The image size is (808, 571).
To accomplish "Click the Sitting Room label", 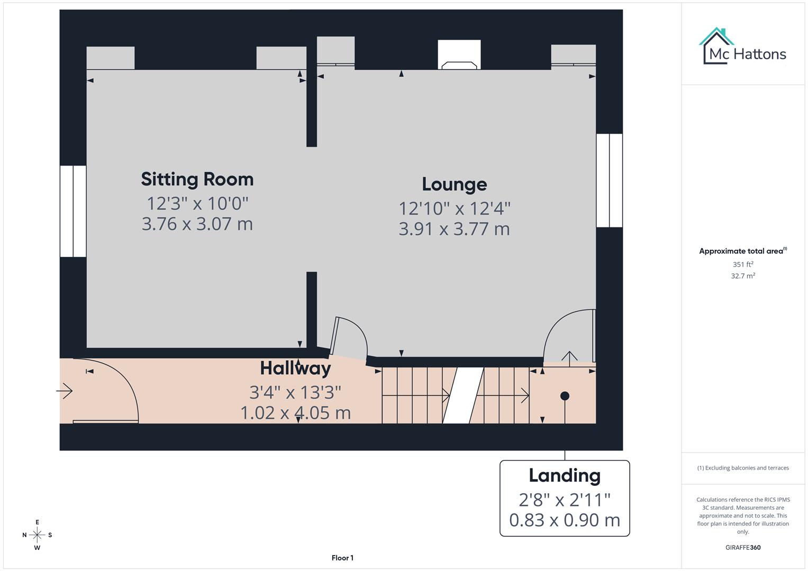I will (x=197, y=179).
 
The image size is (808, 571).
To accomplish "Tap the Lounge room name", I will (x=454, y=185).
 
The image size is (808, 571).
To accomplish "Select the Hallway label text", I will (x=295, y=368).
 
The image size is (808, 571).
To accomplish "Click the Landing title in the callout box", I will (x=564, y=475).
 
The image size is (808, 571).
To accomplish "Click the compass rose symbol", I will (x=37, y=535).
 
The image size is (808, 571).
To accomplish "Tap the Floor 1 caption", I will (x=342, y=558).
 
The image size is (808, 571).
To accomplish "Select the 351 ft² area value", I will (x=742, y=264).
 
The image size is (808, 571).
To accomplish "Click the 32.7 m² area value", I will (x=742, y=276).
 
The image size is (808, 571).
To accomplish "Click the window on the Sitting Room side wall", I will (x=73, y=211).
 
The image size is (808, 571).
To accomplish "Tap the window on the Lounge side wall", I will (x=609, y=180).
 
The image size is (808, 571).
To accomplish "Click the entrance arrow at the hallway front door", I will (x=65, y=391).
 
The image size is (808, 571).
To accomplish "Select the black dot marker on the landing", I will (x=565, y=395).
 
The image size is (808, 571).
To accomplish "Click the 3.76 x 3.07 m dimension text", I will (x=197, y=224).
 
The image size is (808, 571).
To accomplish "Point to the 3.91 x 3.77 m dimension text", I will (x=454, y=229).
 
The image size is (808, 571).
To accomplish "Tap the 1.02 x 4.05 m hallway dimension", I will (x=295, y=413).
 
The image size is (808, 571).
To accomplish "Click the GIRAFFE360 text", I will (x=742, y=548).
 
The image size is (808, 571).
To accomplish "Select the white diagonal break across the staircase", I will (x=463, y=395).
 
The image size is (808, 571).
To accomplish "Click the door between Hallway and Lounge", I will (x=349, y=338).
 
